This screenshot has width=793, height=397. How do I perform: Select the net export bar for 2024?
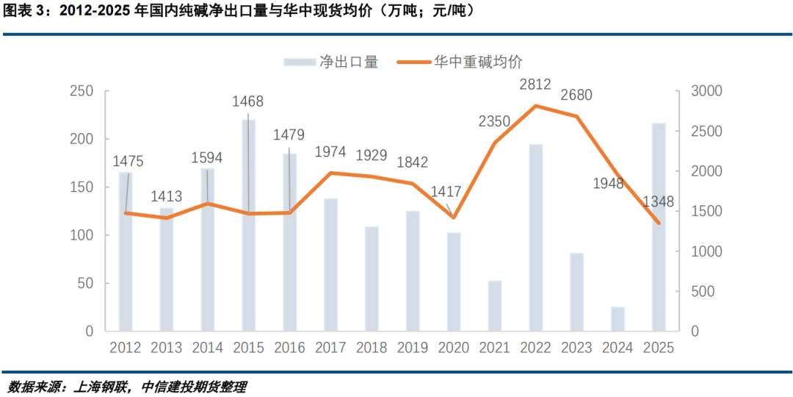point(618,319)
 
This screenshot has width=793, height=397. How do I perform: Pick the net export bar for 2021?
point(495,306)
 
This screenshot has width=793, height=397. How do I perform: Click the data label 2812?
point(535,85)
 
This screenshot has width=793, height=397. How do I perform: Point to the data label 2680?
point(576,96)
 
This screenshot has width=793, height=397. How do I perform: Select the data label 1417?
point(446,192)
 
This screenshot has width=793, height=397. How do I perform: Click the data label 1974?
point(331,152)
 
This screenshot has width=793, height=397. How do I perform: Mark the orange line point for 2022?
point(535,106)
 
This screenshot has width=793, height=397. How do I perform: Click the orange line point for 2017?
point(331,173)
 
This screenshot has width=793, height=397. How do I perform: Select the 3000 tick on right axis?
point(706,91)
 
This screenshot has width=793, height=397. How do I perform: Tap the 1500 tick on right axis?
point(706,212)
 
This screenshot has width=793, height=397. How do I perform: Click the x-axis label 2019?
point(413,347)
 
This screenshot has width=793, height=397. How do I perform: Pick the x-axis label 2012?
point(126,347)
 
